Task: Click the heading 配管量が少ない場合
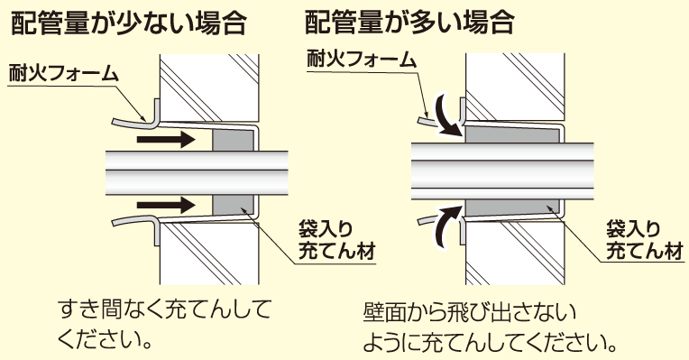128,23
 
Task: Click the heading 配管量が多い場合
409,22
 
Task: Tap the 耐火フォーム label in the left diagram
64,73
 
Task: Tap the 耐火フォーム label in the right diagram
362,59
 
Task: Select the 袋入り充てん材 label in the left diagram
336,240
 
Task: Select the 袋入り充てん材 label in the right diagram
644,240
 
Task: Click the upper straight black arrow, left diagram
166,141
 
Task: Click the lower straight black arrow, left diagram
166,205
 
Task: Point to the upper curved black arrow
447,115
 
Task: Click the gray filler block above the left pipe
233,140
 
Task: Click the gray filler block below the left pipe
233,205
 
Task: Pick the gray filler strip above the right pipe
512,134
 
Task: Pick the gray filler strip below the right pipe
512,208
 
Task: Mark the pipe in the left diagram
197,172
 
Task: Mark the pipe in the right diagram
502,171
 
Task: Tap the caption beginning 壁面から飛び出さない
489,328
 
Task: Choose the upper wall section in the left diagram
209,88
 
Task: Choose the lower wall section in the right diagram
515,253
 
